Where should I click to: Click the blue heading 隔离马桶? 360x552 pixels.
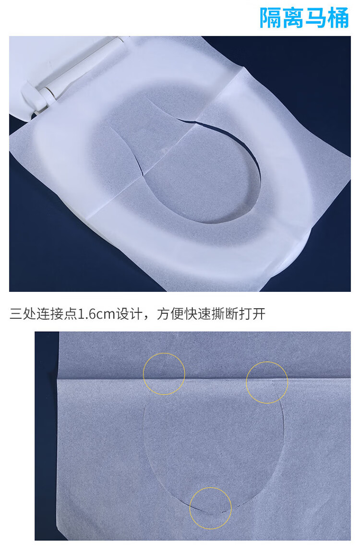point(304,17)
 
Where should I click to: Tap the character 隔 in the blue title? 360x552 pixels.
point(271,17)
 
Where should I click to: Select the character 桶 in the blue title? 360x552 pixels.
point(338,17)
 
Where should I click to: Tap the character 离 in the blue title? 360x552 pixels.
point(293,17)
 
